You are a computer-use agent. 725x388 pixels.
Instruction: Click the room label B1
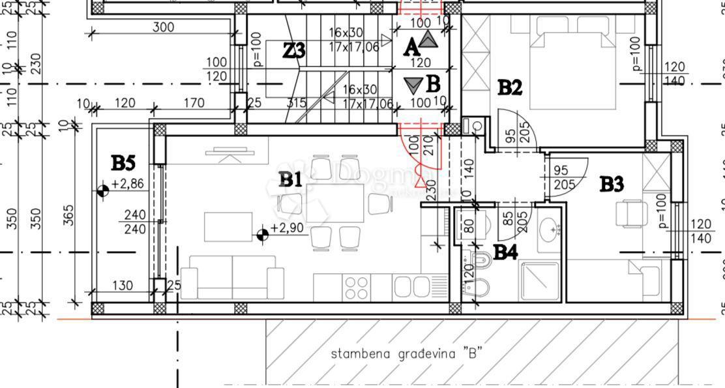(x=290, y=179)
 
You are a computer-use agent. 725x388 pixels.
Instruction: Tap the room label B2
(x=510, y=87)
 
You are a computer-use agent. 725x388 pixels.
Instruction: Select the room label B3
(x=611, y=185)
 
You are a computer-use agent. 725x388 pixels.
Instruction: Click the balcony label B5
(x=123, y=162)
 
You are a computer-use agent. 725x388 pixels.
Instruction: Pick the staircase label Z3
(x=294, y=50)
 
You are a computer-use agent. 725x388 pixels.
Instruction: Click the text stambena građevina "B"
(x=406, y=354)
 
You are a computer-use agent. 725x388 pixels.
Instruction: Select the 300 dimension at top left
(x=162, y=27)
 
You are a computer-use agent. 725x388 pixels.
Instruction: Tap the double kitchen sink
(x=409, y=287)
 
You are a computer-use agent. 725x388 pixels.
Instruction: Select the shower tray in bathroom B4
(x=539, y=280)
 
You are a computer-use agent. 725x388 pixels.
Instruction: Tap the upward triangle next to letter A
(x=427, y=40)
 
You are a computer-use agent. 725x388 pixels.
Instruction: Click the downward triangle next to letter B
(x=413, y=85)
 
